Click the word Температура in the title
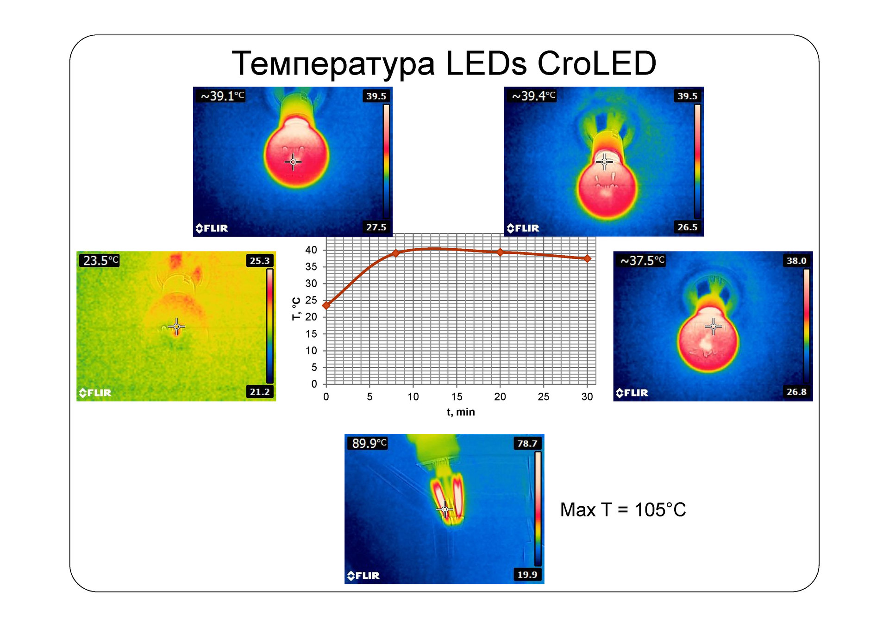[333, 64]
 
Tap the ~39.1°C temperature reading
[222, 96]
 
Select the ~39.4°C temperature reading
[533, 96]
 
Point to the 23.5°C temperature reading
[100, 260]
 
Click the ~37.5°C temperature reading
[642, 260]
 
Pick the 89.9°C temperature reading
[369, 443]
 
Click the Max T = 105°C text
[623, 509]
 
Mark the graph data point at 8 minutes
[396, 253]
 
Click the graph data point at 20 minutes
[500, 252]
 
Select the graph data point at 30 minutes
[587, 258]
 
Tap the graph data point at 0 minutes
[326, 305]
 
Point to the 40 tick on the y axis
[311, 250]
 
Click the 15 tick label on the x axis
[457, 396]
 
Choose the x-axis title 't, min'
[460, 412]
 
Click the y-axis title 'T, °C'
[296, 308]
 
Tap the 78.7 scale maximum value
[527, 443]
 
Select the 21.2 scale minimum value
[259, 392]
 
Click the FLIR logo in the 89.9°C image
[363, 575]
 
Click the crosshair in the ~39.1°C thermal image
[293, 162]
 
